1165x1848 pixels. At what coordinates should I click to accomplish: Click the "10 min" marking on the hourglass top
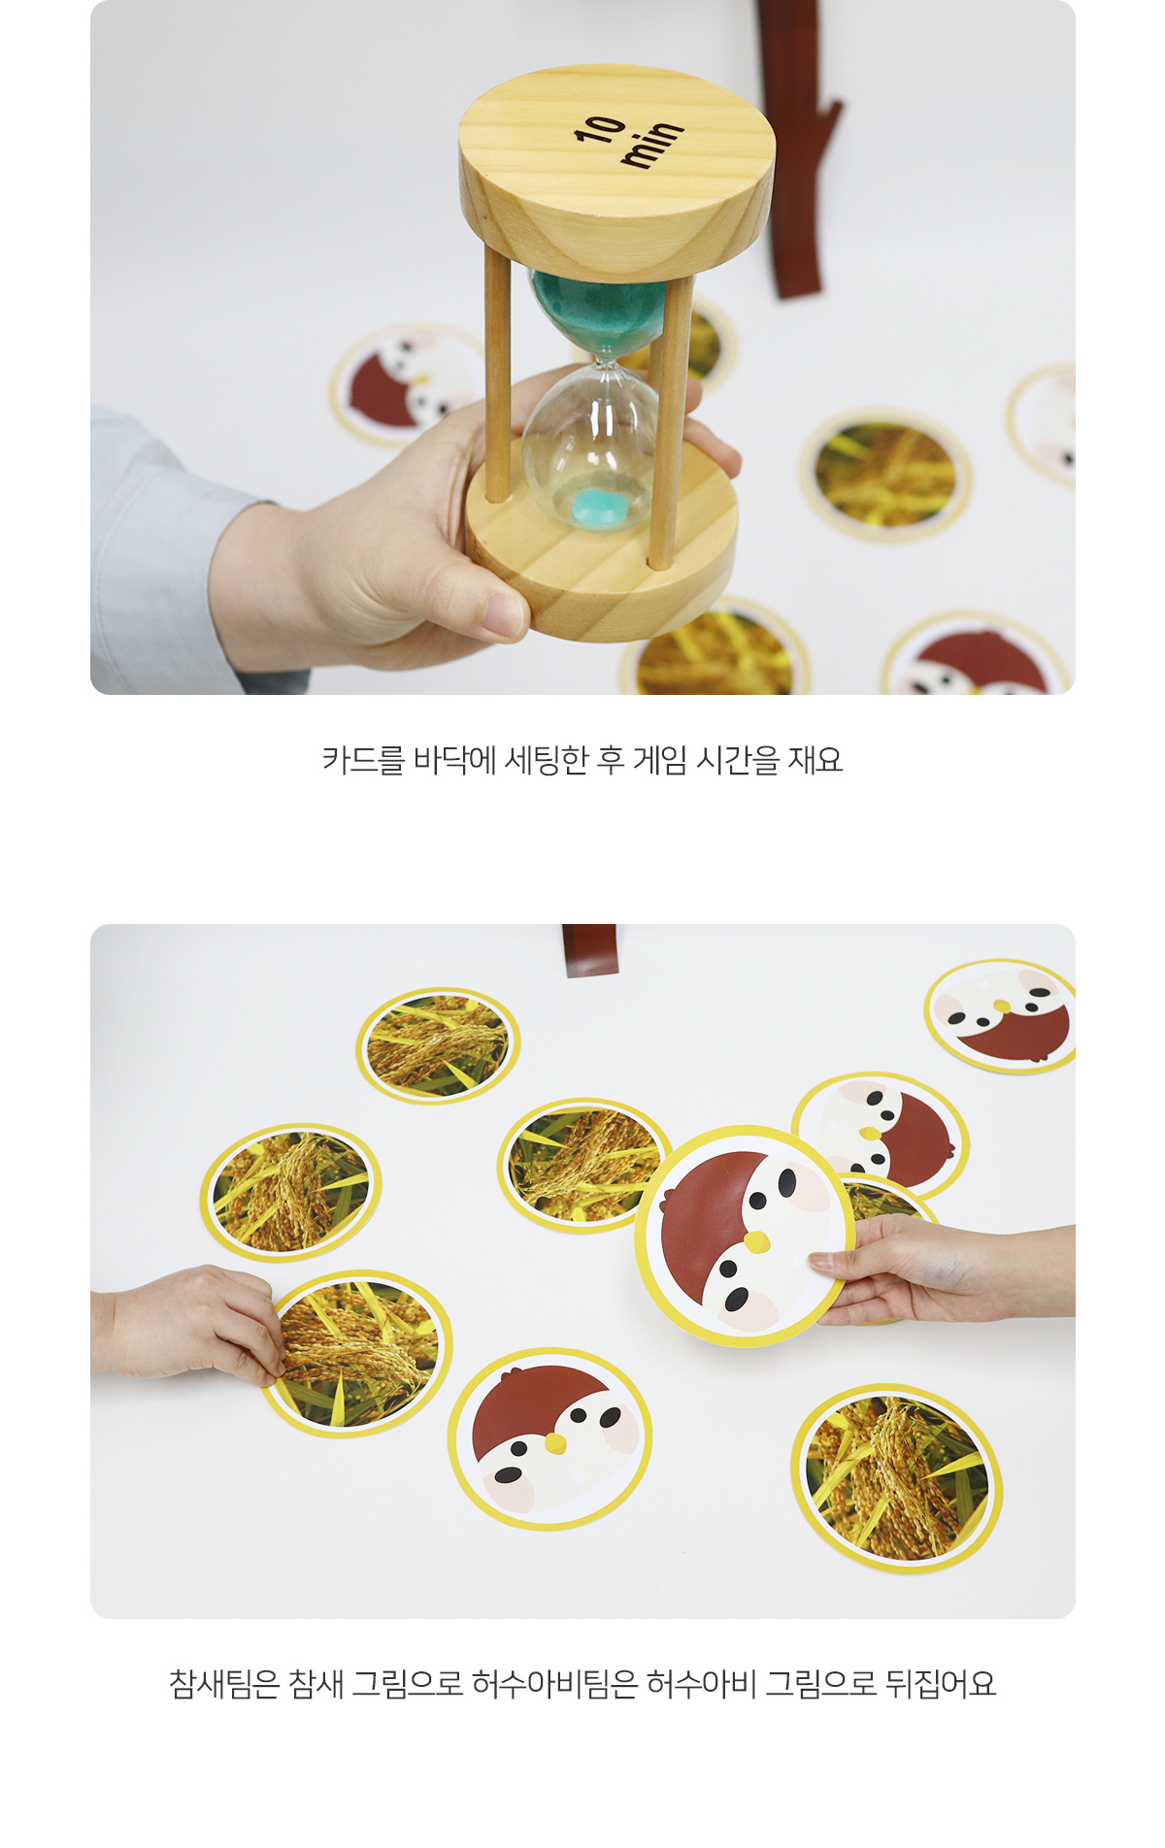coord(629,142)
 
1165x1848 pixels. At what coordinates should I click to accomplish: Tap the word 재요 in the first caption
coord(815,760)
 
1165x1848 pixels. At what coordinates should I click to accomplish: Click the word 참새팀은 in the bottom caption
coord(223,1684)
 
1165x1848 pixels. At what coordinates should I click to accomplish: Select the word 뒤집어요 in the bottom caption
coord(941,1684)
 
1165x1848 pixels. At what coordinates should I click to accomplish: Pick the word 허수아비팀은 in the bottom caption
coord(554,1684)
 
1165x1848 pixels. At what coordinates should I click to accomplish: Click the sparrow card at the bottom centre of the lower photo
coord(549,1437)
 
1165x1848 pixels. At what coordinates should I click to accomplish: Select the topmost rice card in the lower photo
coord(438,1045)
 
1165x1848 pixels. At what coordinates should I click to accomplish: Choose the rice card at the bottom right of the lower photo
coord(896,1477)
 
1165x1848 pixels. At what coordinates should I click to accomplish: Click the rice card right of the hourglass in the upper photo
coord(885,475)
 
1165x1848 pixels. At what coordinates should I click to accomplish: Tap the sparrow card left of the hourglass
coord(408,384)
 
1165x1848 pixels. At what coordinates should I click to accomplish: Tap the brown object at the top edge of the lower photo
coord(590,950)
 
